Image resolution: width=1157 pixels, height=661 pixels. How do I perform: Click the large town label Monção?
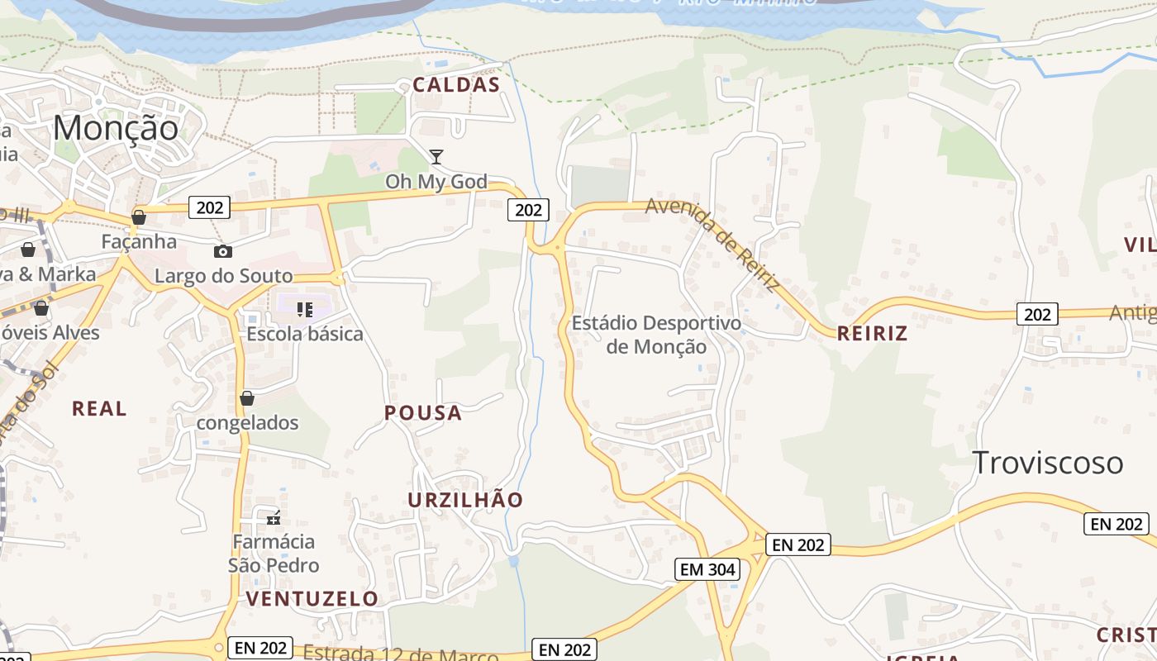[x=116, y=128]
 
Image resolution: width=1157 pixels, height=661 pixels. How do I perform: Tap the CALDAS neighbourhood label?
[x=456, y=84]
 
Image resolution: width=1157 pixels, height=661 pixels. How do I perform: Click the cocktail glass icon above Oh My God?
[x=436, y=156]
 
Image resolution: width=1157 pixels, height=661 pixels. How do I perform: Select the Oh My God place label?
[x=436, y=182]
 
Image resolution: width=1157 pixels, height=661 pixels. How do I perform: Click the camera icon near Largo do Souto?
[x=222, y=252]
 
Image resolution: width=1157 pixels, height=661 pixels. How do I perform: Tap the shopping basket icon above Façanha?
[x=139, y=217]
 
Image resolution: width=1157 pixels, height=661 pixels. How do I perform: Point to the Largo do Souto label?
[x=224, y=276]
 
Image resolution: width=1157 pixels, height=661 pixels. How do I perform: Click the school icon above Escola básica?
[x=305, y=310]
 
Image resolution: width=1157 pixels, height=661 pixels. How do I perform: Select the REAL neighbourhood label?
[x=99, y=408]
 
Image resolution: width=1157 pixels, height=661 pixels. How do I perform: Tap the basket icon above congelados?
[x=246, y=398]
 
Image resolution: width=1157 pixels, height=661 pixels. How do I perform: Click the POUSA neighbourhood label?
[x=423, y=413]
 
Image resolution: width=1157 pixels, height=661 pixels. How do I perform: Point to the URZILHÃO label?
[x=465, y=500]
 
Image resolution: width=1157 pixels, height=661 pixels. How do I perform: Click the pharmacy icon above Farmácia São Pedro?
[x=274, y=518]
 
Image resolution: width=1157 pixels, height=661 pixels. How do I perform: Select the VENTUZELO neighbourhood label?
[x=312, y=598]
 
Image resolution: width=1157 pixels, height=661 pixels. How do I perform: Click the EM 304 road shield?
[x=707, y=569]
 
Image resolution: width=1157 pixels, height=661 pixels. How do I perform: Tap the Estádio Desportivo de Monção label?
[x=656, y=335]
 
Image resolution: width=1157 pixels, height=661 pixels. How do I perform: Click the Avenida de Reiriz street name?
[x=712, y=244]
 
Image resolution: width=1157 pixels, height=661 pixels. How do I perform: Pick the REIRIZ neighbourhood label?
[x=872, y=334]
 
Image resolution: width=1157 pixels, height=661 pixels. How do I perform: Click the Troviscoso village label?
[x=1048, y=463]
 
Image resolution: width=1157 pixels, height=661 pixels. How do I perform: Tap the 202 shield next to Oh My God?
[x=527, y=210]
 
